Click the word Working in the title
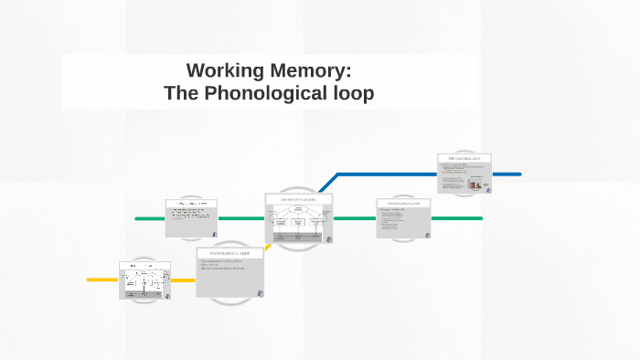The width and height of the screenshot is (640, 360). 224,70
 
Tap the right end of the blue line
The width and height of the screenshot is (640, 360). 519,174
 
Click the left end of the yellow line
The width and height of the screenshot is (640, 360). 89,280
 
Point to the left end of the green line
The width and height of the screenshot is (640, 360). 137,218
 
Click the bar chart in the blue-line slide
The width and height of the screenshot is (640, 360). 475,184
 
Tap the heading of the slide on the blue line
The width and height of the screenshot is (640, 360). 464,158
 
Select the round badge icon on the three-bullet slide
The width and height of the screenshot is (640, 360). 260,292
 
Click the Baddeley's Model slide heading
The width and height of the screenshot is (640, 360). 299,198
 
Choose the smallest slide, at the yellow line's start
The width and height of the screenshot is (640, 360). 144,281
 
